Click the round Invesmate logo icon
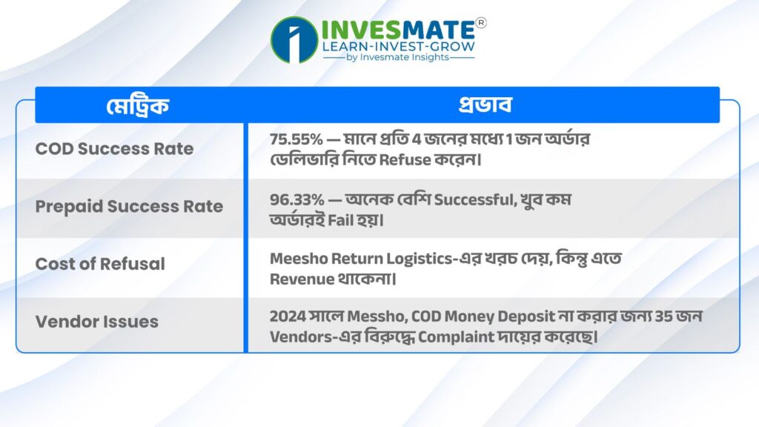click(294, 40)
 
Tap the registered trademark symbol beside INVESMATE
click(480, 23)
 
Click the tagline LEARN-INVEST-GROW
click(398, 47)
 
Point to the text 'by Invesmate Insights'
click(398, 57)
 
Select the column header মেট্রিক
click(138, 105)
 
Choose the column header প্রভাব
click(485, 105)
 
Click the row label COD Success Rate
click(114, 148)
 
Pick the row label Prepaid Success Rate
click(129, 206)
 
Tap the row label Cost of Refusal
click(100, 264)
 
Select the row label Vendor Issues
click(97, 322)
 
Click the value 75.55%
click(296, 139)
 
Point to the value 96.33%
click(296, 199)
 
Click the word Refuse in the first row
click(405, 160)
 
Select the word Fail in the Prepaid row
click(340, 220)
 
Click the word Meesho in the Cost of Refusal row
click(299, 259)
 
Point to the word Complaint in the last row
click(456, 337)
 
